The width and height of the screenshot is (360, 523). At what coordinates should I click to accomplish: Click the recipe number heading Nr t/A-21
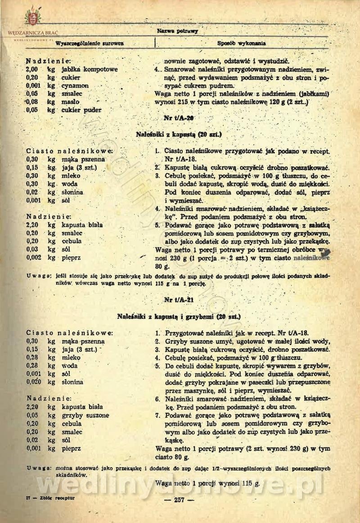180,300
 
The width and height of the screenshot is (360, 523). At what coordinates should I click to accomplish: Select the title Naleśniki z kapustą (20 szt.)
179,134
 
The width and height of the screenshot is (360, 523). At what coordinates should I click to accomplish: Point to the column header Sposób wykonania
241,44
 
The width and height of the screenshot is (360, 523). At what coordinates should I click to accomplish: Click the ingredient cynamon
76,85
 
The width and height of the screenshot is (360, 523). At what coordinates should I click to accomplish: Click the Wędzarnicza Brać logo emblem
32,17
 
